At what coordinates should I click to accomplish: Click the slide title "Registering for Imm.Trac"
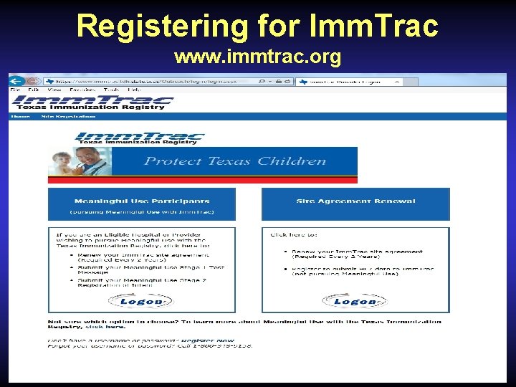pos(257,26)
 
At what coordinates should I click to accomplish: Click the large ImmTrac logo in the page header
pos(92,102)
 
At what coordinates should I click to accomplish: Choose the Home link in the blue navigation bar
pos(20,116)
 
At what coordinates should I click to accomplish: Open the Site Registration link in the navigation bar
pos(68,116)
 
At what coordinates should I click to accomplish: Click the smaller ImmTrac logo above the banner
pos(140,138)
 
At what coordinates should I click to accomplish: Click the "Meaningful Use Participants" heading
pos(141,201)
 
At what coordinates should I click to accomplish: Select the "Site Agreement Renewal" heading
pos(355,201)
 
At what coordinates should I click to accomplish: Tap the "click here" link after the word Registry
pos(95,327)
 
